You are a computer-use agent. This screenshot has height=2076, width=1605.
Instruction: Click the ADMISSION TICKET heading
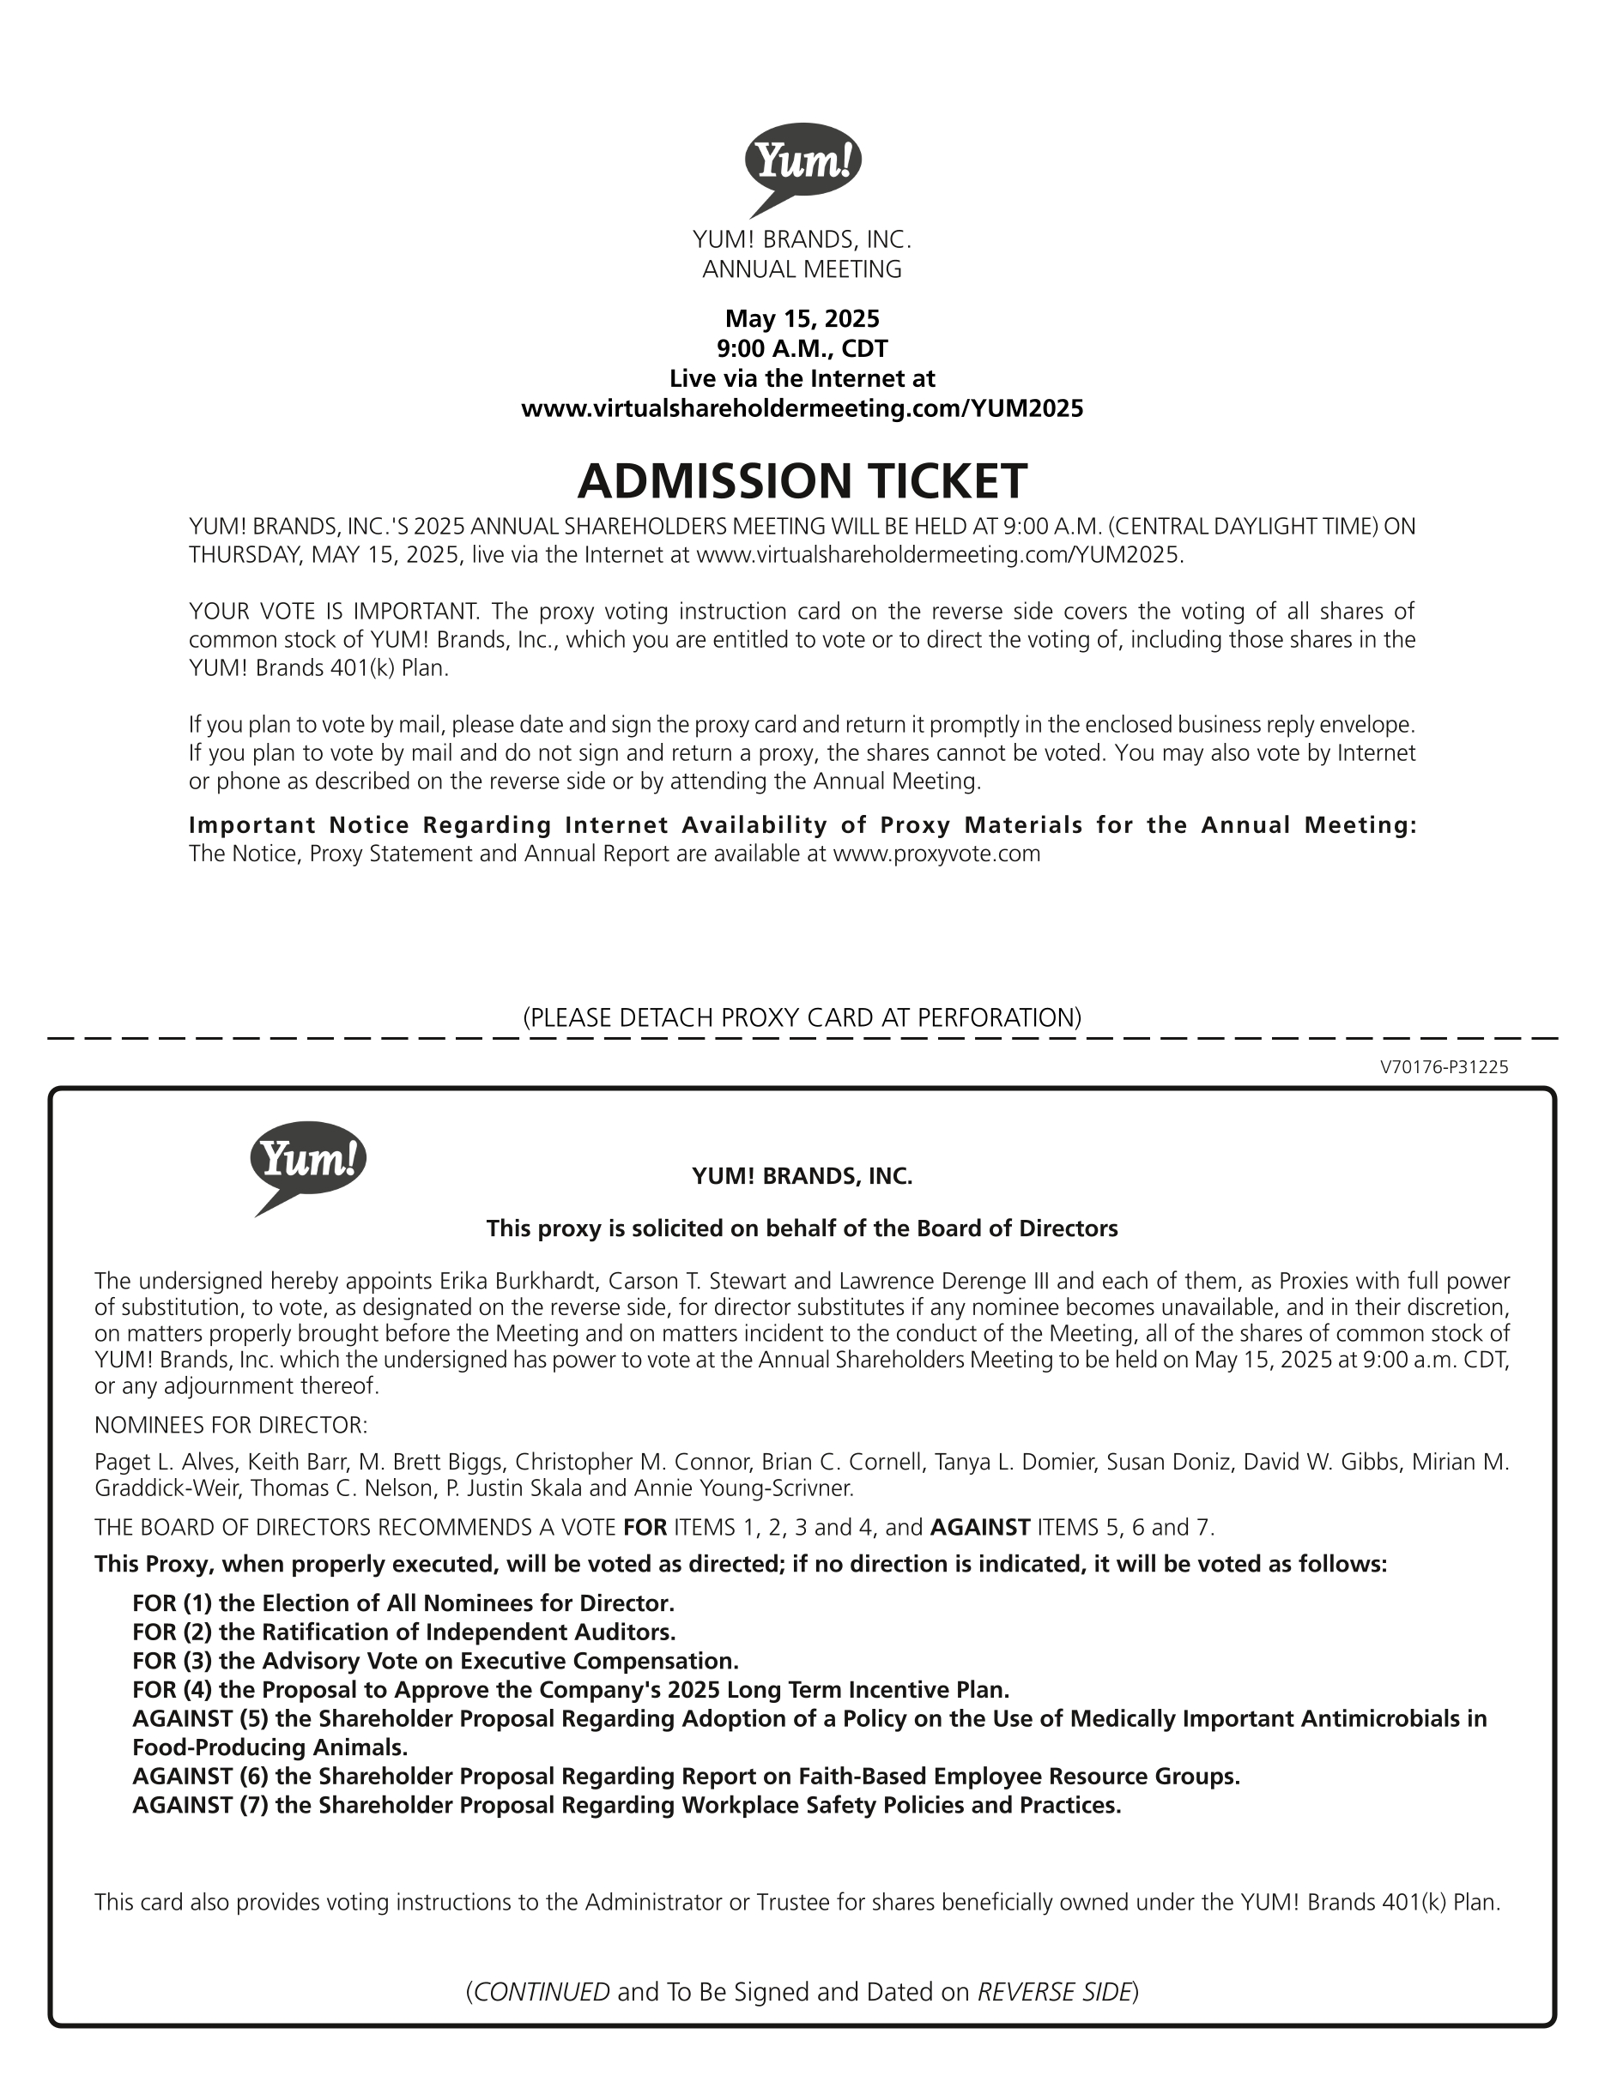pos(802,481)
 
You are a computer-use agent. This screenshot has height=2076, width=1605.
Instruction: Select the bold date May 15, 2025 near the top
pos(802,318)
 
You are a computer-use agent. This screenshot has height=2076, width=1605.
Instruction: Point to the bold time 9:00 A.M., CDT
pos(802,348)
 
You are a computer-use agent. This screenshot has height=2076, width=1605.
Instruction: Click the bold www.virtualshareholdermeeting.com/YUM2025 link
pos(802,408)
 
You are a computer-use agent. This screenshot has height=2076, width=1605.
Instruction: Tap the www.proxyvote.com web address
pos(936,854)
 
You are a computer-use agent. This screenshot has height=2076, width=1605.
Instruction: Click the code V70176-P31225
pos(1444,1067)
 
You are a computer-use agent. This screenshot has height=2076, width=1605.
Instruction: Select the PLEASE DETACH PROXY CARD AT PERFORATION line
pos(802,1018)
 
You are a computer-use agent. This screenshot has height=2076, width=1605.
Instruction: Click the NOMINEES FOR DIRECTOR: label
pos(230,1425)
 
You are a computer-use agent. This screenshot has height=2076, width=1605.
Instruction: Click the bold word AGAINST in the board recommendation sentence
pos(979,1528)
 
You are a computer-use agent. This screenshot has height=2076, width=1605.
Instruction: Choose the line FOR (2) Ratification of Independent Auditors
pos(403,1633)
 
